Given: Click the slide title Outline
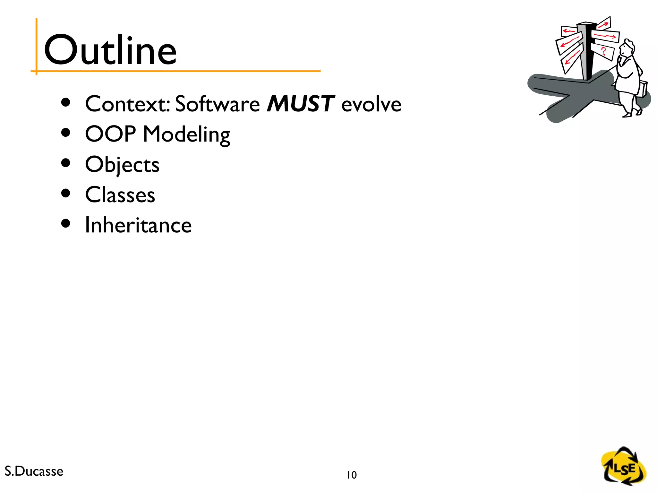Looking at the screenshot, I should pyautogui.click(x=110, y=50).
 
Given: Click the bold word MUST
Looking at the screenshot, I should pyautogui.click(x=301, y=104).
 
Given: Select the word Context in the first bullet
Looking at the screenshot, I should pyautogui.click(x=127, y=104).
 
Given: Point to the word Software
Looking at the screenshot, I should pyautogui.click(x=217, y=104).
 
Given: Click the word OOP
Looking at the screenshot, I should pyautogui.click(x=110, y=134).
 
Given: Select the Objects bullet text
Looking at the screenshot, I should pyautogui.click(x=122, y=165).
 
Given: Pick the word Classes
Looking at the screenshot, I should pyautogui.click(x=120, y=195).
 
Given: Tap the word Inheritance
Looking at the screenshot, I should pyautogui.click(x=138, y=225).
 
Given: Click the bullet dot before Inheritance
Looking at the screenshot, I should pyautogui.click(x=65, y=223).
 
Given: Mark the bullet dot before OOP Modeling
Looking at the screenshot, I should pyautogui.click(x=65, y=133).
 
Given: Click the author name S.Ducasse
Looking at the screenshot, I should pyautogui.click(x=34, y=471).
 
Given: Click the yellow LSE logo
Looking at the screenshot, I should pyautogui.click(x=623, y=467).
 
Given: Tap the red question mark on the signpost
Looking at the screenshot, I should pyautogui.click(x=603, y=51).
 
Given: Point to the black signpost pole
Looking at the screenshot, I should pyautogui.click(x=588, y=51).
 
